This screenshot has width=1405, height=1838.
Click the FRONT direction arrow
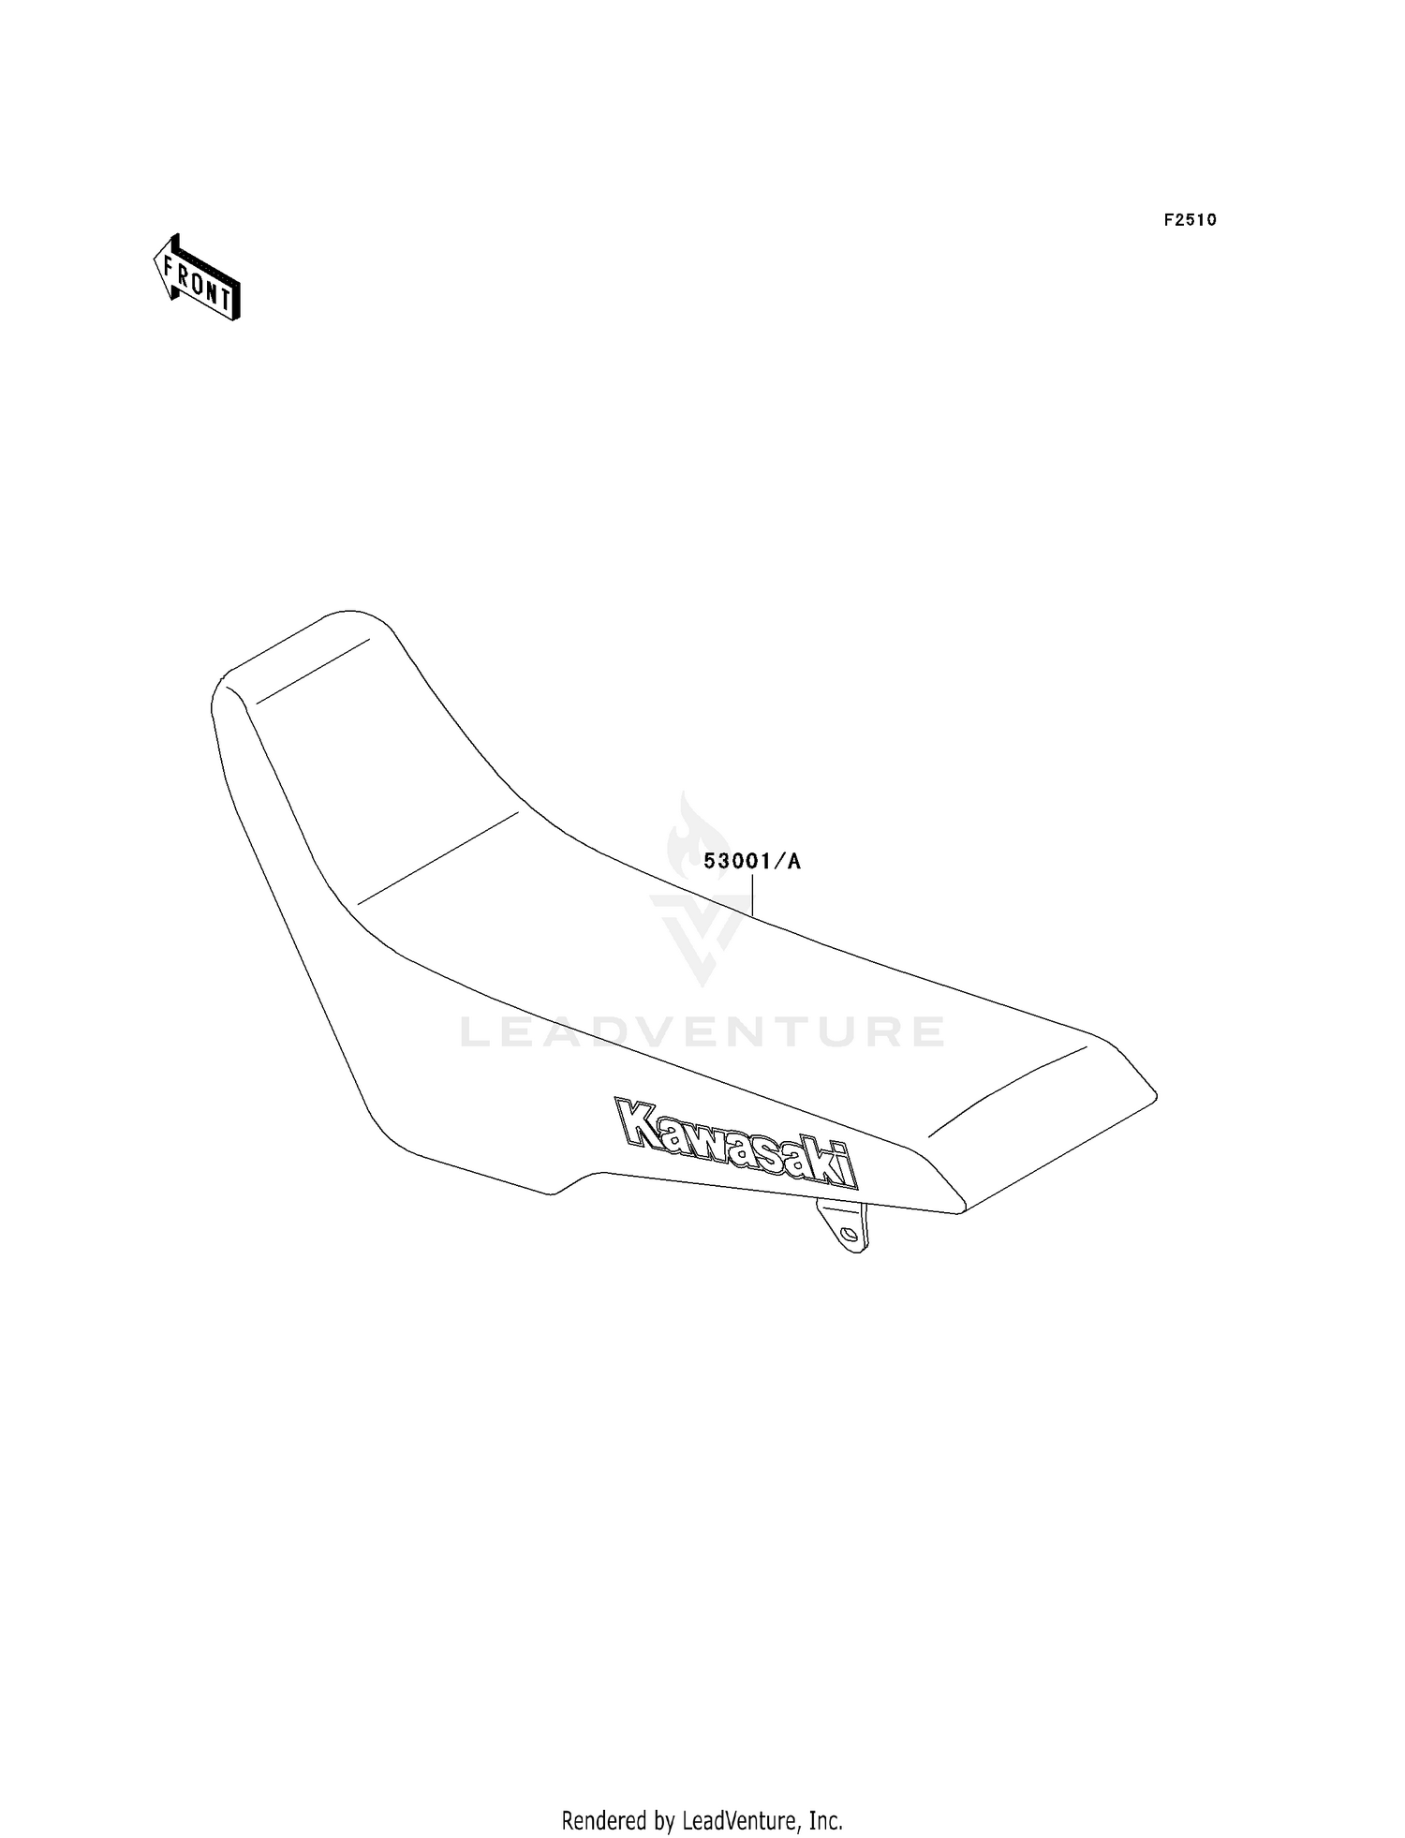pyautogui.click(x=198, y=278)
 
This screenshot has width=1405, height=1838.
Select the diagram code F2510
pyautogui.click(x=1190, y=220)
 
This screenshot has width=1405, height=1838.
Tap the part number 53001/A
pyautogui.click(x=752, y=862)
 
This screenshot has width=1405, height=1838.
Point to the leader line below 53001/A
pyautogui.click(x=752, y=894)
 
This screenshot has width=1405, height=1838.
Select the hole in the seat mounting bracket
pyautogui.click(x=850, y=1236)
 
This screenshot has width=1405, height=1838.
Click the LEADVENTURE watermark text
pyautogui.click(x=702, y=1032)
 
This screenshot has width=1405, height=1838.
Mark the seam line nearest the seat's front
pyautogui.click(x=312, y=671)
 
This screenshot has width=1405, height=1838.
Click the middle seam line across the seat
pyautogui.click(x=437, y=858)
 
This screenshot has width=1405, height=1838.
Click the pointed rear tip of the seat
pyautogui.click(x=1156, y=1093)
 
